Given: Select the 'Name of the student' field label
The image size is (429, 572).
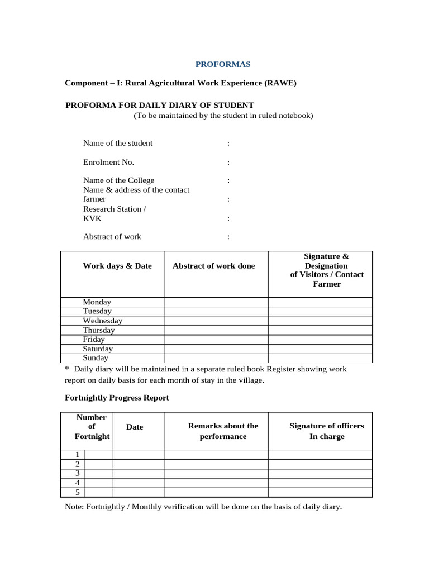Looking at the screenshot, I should (x=117, y=143).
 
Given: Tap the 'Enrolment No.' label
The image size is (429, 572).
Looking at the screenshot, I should (x=108, y=162).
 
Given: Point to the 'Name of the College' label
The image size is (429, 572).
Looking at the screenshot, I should (x=118, y=180).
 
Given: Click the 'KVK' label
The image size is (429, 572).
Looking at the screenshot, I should (x=92, y=218).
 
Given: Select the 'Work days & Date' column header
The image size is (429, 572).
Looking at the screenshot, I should (x=117, y=266).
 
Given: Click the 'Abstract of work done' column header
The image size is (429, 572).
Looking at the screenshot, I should (x=213, y=266).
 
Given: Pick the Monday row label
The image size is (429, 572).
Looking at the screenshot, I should (x=97, y=302).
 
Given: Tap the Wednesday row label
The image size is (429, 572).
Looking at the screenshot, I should (x=102, y=321).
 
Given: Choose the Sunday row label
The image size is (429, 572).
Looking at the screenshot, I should (x=96, y=358).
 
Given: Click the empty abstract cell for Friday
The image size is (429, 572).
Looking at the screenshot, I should (x=216, y=340).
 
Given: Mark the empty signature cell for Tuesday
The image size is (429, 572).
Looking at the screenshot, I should (x=320, y=311).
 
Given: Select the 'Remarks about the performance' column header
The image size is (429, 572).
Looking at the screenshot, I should (x=223, y=431).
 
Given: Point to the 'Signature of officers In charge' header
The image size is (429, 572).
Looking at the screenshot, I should (x=326, y=431).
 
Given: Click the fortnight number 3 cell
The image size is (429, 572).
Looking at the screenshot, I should (x=78, y=473).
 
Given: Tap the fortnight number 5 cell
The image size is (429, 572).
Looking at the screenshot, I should (x=78, y=492).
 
